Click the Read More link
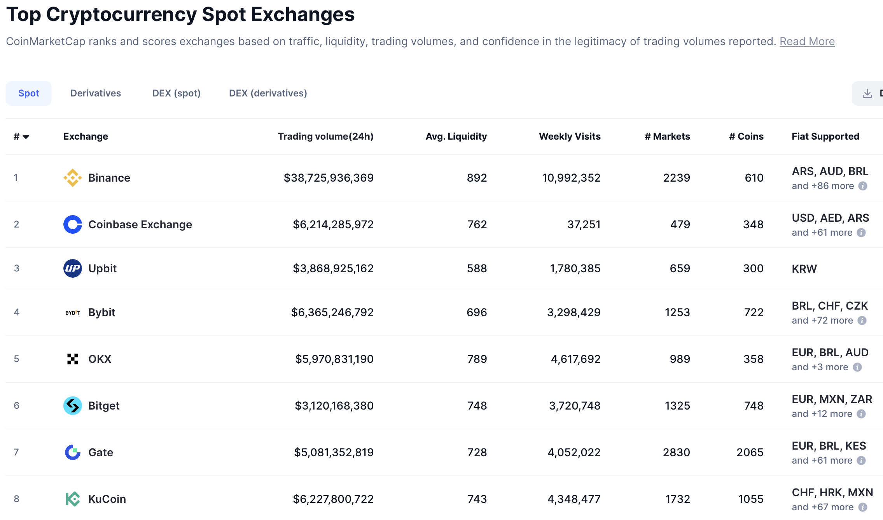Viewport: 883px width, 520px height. pyautogui.click(x=807, y=42)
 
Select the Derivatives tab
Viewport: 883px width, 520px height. pyautogui.click(x=96, y=93)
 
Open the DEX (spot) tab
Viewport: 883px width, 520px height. pyautogui.click(x=176, y=93)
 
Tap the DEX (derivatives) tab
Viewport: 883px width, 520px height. pyautogui.click(x=268, y=93)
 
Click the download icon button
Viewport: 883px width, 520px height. pyautogui.click(x=867, y=93)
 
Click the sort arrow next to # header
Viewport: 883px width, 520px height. pyautogui.click(x=26, y=137)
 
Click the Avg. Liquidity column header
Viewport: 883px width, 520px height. pyautogui.click(x=456, y=137)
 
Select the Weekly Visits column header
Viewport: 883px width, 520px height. pyautogui.click(x=569, y=137)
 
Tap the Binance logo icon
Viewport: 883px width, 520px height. pyautogui.click(x=73, y=178)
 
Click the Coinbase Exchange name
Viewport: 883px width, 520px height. pyautogui.click(x=140, y=224)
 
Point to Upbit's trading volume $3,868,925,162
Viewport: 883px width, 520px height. pyautogui.click(x=333, y=268)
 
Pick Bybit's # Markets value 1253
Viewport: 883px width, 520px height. pyautogui.click(x=677, y=312)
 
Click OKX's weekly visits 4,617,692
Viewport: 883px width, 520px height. pyautogui.click(x=575, y=359)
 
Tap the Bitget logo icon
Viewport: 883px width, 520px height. pyautogui.click(x=73, y=406)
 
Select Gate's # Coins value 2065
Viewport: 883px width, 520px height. pyautogui.click(x=750, y=452)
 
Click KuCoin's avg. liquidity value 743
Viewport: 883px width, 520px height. pyautogui.click(x=477, y=499)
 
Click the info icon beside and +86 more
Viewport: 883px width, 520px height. pyautogui.click(x=863, y=186)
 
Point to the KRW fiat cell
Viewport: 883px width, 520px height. pyautogui.click(x=804, y=269)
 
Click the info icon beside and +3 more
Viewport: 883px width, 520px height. pyautogui.click(x=857, y=367)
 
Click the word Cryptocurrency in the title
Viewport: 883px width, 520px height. pyautogui.click(x=121, y=15)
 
